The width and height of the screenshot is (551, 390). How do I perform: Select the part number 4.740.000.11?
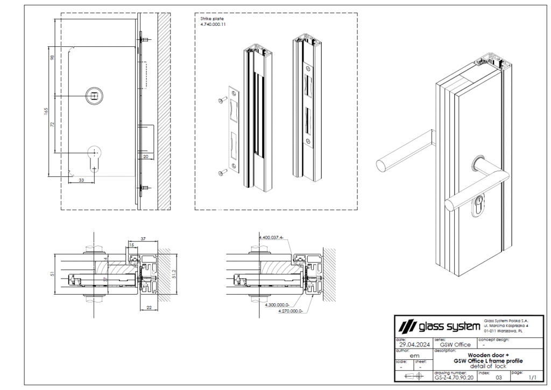pyautogui.click(x=213, y=24)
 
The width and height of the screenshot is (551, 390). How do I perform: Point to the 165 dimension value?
pyautogui.click(x=46, y=110)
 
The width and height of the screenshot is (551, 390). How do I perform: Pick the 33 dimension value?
pyautogui.click(x=81, y=180)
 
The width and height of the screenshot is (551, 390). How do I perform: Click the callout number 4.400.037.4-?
pyautogui.click(x=271, y=237)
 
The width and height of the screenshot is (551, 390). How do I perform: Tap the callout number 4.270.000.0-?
pyautogui.click(x=291, y=311)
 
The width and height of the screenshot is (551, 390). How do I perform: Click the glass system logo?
pyautogui.click(x=439, y=326)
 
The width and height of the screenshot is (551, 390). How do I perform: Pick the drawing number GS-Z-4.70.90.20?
pyautogui.click(x=454, y=378)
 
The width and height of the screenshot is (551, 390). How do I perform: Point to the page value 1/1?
pyautogui.click(x=532, y=378)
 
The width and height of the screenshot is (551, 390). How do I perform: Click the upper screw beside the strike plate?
pyautogui.click(x=221, y=101)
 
